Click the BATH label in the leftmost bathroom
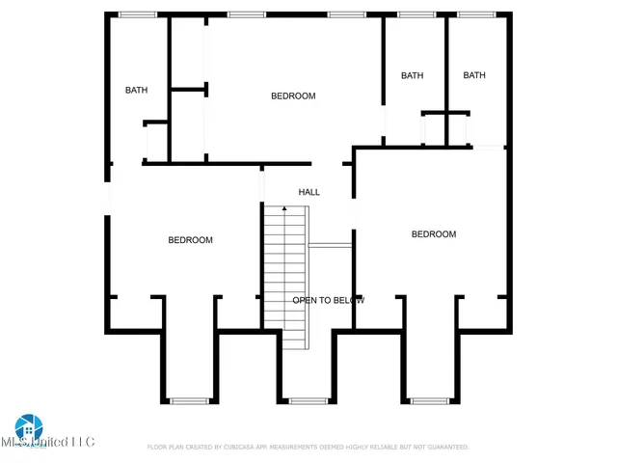(136, 91)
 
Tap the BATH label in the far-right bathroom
(474, 75)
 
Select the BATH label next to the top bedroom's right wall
(413, 75)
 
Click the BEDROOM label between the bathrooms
(293, 95)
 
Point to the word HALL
(308, 192)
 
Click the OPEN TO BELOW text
(329, 300)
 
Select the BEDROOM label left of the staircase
(191, 240)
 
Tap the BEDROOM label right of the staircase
(434, 234)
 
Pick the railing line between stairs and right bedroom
(330, 245)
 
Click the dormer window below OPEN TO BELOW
(308, 400)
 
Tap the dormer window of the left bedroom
(189, 400)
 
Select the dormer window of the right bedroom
(430, 400)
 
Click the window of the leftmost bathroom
(138, 14)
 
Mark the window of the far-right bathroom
(476, 14)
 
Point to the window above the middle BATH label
(416, 14)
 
